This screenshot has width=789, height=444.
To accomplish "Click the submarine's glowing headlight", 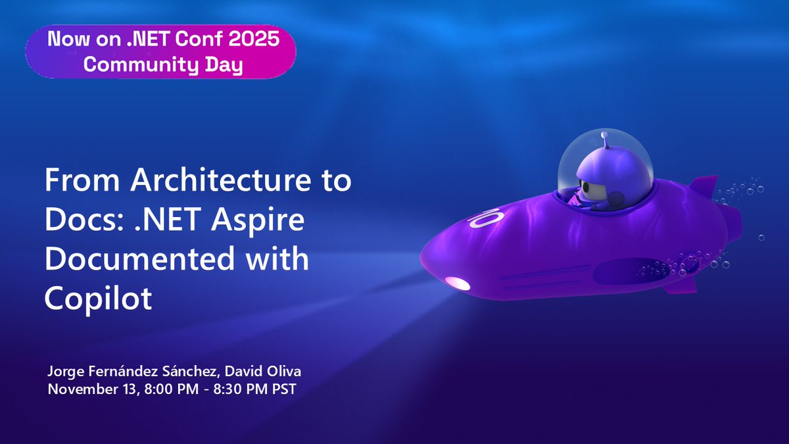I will coord(458,284).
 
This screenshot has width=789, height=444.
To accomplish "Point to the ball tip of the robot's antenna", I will coord(604,135).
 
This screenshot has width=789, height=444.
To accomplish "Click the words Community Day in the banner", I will coord(155,66).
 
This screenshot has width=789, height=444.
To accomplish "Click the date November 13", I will coord(92,389).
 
